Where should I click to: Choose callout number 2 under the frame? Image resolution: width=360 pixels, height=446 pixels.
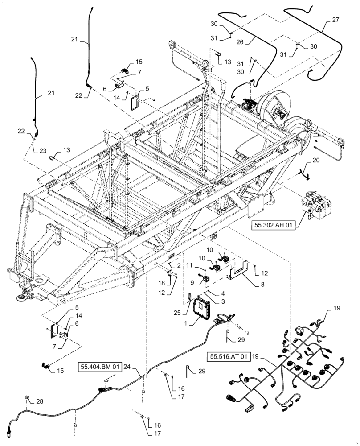[178, 265]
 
